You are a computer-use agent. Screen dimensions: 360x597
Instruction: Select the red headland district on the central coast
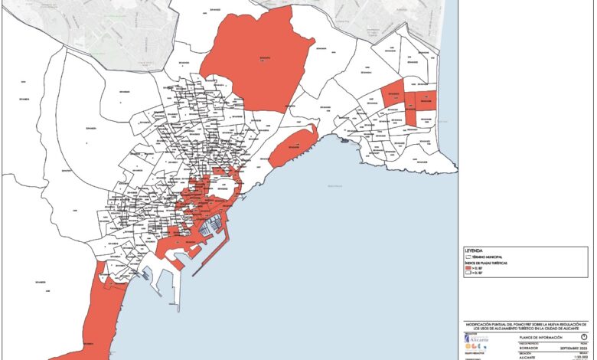point(292,145)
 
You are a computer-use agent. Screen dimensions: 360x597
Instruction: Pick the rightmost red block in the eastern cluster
point(428,98)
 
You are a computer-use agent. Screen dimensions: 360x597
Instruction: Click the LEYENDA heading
point(475,250)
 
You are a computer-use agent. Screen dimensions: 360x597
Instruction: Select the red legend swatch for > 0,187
point(468,267)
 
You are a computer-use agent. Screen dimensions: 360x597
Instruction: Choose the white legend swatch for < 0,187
point(468,273)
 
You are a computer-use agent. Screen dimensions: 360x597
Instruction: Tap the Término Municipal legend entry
point(490,256)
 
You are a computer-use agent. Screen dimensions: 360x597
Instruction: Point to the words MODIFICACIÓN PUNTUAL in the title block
point(490,326)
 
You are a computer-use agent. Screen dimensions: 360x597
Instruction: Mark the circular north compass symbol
point(583,337)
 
